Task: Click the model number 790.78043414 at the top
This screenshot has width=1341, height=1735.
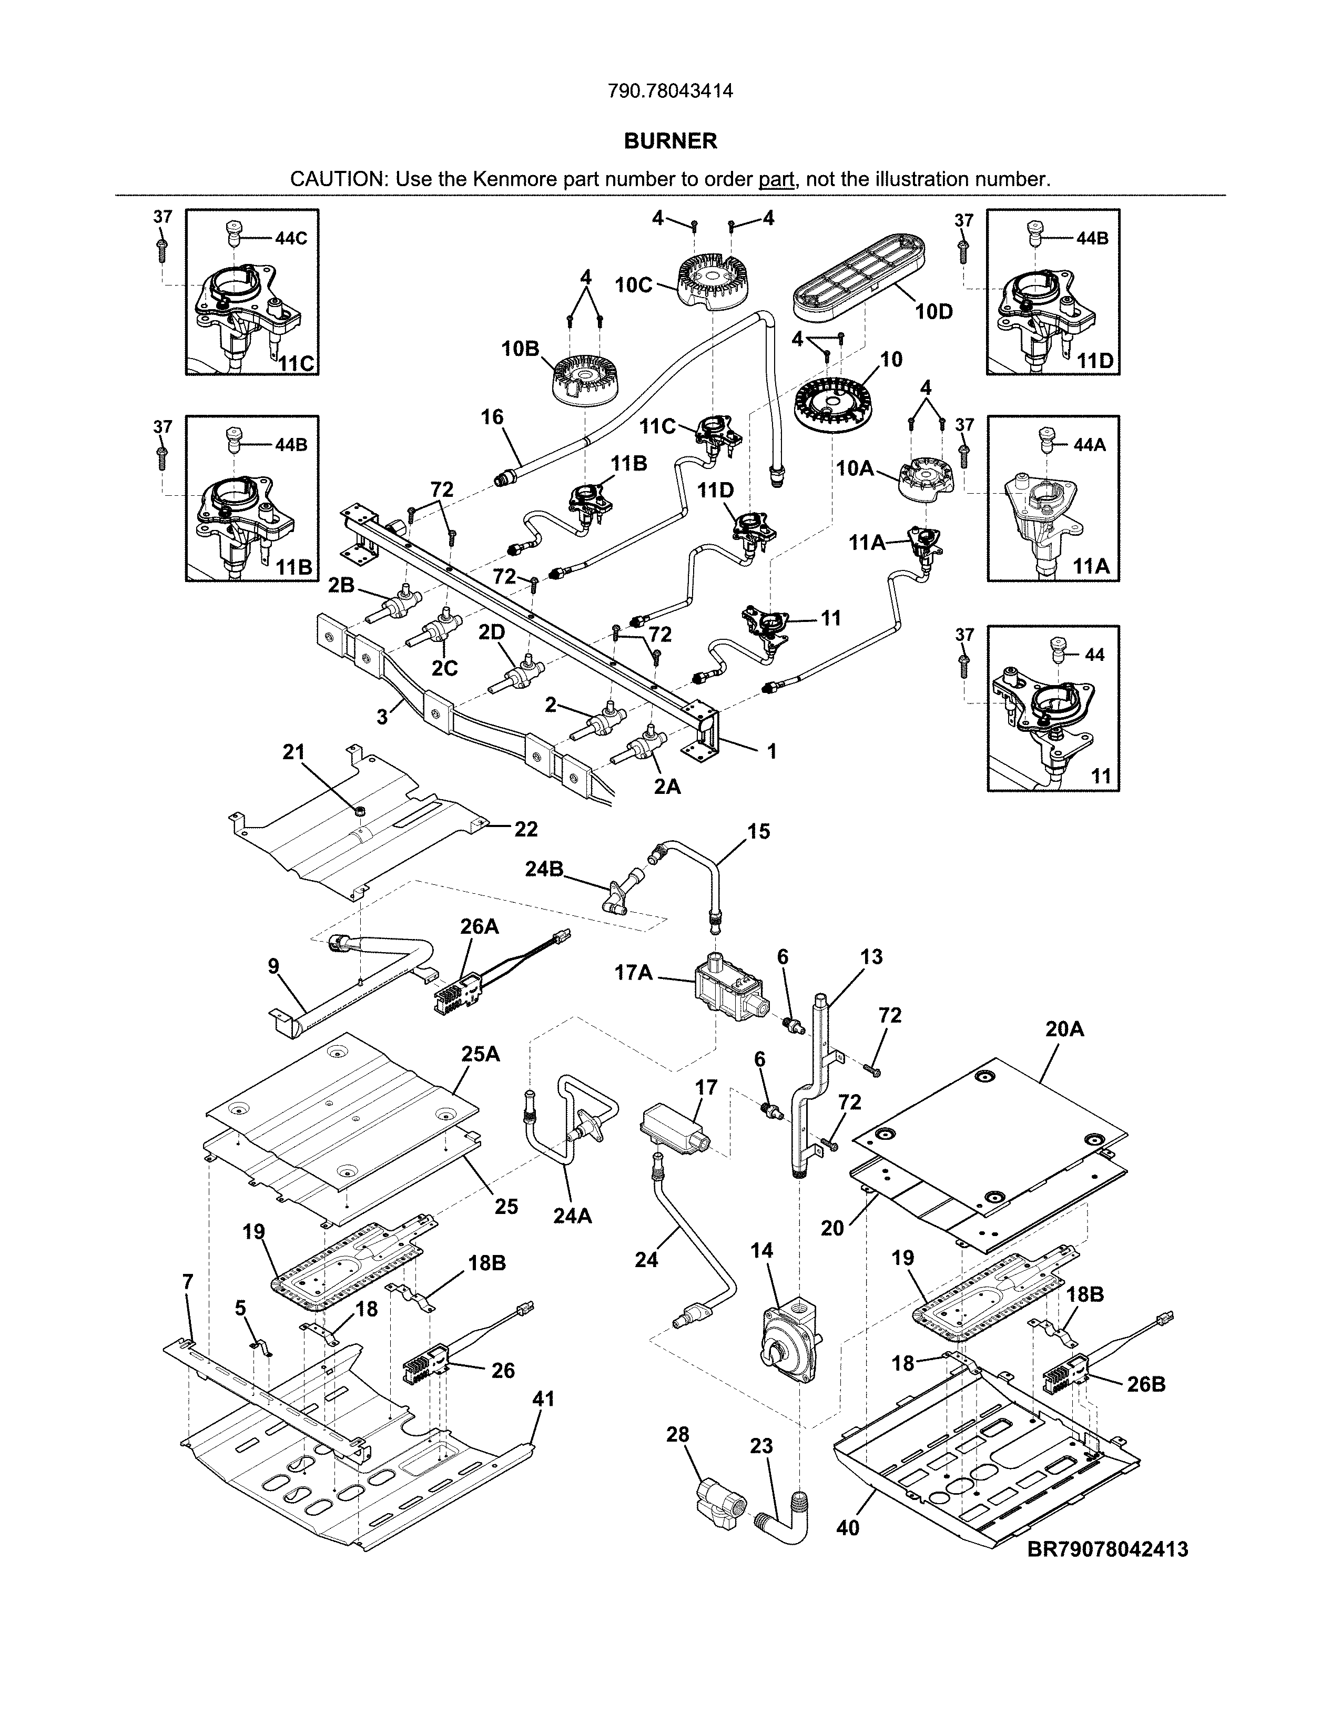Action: coord(669,91)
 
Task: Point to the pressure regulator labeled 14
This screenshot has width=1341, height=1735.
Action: coord(787,1346)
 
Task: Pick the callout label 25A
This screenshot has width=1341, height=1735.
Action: coord(481,1054)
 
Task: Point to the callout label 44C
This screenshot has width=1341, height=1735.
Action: coord(291,238)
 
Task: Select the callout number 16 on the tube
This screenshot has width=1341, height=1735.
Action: coord(493,416)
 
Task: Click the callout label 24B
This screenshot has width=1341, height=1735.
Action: coord(544,869)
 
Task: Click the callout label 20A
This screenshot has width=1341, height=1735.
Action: coord(1064,1029)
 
